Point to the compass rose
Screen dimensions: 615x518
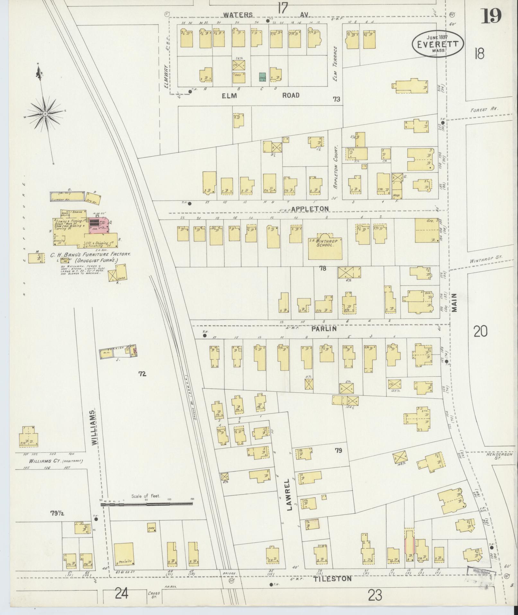pos(45,114)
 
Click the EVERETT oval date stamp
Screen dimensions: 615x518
pos(438,44)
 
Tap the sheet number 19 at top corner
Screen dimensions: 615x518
pos(491,16)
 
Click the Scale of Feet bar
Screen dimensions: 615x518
pos(147,505)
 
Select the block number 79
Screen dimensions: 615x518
pos(338,451)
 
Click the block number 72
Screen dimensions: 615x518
pos(142,374)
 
